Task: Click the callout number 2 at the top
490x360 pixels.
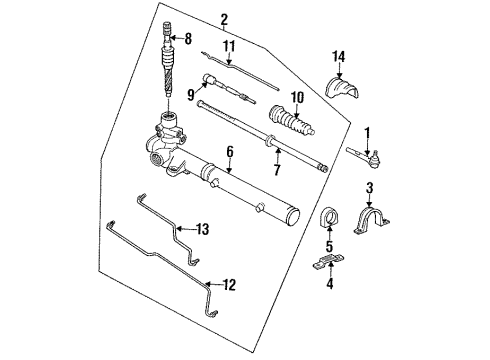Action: [224, 20]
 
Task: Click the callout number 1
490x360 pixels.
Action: [367, 132]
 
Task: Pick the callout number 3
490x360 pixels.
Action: [369, 188]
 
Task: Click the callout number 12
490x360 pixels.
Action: [229, 286]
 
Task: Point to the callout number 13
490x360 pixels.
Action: [203, 229]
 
